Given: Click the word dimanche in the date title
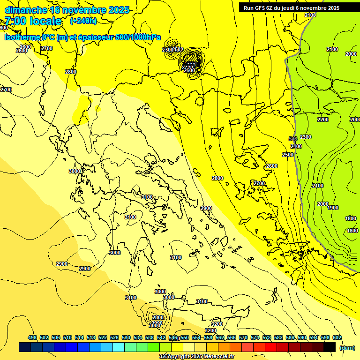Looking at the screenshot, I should tap(26, 10).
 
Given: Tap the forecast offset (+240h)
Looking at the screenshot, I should tap(83, 21).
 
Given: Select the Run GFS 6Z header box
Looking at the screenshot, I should tap(291, 7).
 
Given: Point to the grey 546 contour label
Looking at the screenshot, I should tap(293, 139).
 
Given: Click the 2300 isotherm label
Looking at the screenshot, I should tap(305, 137).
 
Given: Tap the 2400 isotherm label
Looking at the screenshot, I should tap(296, 146).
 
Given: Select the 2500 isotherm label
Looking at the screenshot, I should tap(287, 155).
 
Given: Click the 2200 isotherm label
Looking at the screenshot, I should tap(322, 120).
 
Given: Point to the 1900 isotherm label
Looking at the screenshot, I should tap(333, 208).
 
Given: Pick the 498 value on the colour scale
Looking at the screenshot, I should tap(32, 337).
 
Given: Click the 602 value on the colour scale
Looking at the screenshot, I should tap(337, 337).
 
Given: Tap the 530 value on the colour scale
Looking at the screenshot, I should tap(126, 337).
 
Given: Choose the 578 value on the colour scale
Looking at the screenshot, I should tap(267, 337).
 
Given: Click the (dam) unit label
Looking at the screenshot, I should tap(347, 347).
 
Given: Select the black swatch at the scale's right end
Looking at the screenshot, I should tap(330, 347).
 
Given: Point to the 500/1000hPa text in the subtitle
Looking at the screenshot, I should tap(140, 37).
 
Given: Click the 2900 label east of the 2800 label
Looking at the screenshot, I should tap(206, 208).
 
